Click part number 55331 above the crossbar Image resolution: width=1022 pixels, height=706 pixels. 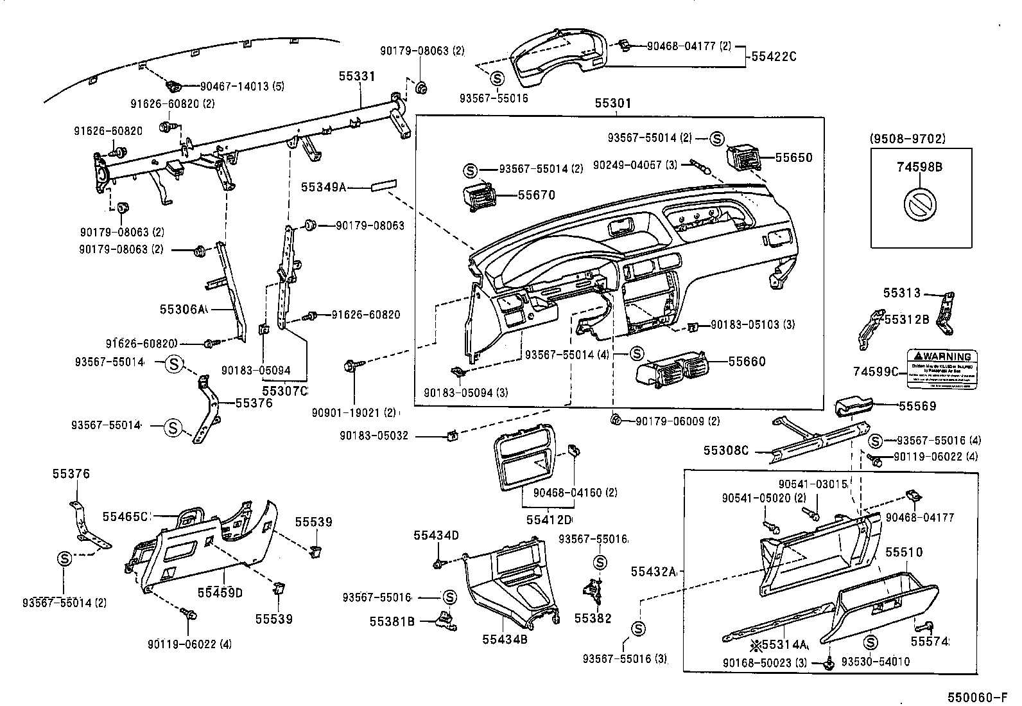pyautogui.click(x=357, y=76)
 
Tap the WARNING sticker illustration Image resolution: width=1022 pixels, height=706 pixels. pyautogui.click(x=942, y=369)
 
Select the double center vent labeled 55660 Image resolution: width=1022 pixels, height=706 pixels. pyautogui.click(x=671, y=371)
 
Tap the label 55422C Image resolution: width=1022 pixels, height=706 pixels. pyautogui.click(x=773, y=57)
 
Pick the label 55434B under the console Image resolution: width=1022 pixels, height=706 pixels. pyautogui.click(x=505, y=639)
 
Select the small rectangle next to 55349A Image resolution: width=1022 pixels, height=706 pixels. pyautogui.click(x=383, y=186)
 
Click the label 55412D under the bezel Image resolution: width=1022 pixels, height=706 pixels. pyautogui.click(x=549, y=519)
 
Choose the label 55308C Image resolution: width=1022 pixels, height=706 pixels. pyautogui.click(x=725, y=450)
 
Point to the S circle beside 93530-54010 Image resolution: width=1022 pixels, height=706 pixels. pyautogui.click(x=871, y=642)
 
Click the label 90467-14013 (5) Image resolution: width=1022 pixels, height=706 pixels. pyautogui.click(x=234, y=87)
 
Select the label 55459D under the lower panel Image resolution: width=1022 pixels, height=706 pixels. pyautogui.click(x=220, y=592)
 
